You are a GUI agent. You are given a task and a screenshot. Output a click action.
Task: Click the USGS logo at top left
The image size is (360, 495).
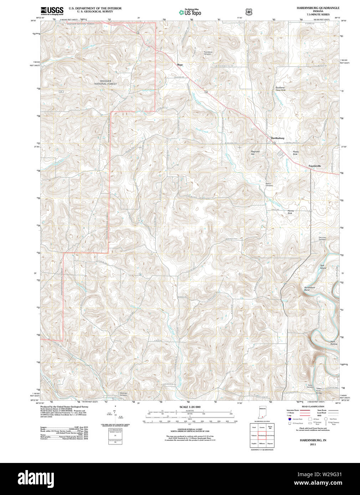[x=52, y=11]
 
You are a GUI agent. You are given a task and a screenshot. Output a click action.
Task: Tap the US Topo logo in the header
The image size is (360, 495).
[x=190, y=12]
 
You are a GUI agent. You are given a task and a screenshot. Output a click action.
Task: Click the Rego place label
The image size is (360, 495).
[x=180, y=65]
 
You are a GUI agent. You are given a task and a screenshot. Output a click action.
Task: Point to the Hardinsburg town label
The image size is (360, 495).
[x=277, y=138]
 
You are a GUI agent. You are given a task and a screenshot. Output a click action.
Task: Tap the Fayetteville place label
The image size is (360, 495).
[x=315, y=166]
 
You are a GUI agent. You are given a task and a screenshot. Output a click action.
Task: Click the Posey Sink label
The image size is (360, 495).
[x=295, y=153]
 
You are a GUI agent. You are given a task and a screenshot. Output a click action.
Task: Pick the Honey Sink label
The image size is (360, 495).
[x=291, y=212]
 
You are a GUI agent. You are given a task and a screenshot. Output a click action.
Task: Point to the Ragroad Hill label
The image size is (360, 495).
[x=255, y=153]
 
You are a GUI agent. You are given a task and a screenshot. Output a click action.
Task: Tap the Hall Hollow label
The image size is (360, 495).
[x=334, y=343]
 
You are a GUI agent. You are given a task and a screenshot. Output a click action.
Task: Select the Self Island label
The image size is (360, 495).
[x=323, y=267]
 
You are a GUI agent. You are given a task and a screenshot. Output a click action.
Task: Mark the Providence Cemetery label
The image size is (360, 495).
[x=208, y=53]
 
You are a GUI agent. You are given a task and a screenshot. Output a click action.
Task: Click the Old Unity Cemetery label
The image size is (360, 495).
[x=322, y=239]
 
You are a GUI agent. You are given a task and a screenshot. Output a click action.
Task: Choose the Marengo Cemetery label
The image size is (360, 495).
[x=123, y=394]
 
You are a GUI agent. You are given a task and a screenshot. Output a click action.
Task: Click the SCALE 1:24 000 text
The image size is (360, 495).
[x=190, y=407]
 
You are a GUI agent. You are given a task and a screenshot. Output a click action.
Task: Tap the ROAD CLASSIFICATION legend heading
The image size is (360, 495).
[x=313, y=406]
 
